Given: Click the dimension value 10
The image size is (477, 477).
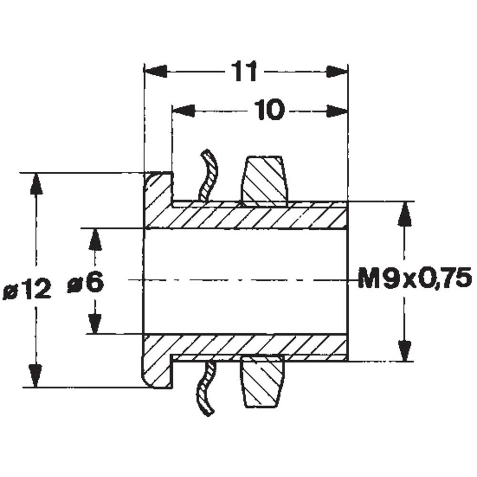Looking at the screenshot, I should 270,111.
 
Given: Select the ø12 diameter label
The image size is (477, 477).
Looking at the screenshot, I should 27,290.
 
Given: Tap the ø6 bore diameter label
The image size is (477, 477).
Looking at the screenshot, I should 86,283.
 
